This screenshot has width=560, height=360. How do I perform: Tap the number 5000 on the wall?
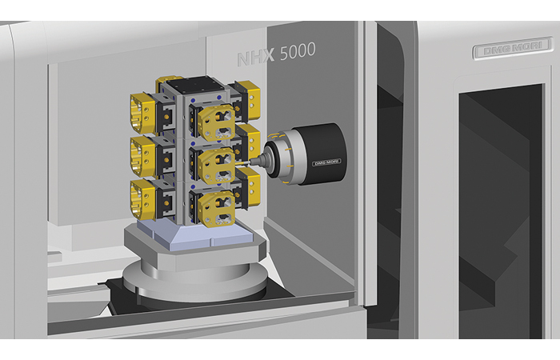[x=298, y=51]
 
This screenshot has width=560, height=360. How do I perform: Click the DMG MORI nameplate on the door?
[x=513, y=47]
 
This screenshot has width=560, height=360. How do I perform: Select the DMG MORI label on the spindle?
[x=326, y=162]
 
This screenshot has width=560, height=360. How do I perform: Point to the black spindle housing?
[x=322, y=154]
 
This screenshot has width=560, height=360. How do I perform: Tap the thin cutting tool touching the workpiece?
[x=242, y=163]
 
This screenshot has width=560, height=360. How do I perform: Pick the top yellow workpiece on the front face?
[x=217, y=122]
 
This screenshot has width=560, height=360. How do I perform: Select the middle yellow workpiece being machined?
[x=217, y=166]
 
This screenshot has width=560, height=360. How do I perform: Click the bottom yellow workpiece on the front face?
[x=217, y=209]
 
